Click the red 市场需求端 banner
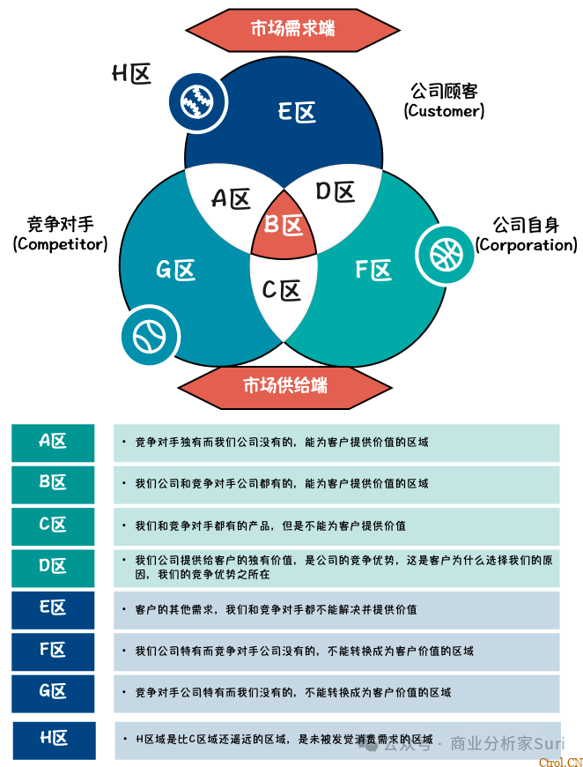(x=292, y=28)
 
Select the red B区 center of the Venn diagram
(x=284, y=227)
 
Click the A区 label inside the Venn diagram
(x=231, y=199)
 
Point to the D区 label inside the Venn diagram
(x=335, y=191)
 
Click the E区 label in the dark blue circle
(x=297, y=112)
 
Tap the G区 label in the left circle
(x=176, y=270)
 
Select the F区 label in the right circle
(x=373, y=270)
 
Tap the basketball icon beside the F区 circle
(x=446, y=254)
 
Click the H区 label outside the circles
(x=131, y=74)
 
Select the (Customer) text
(x=444, y=111)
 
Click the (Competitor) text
(x=60, y=244)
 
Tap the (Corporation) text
(x=526, y=245)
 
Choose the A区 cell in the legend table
(x=53, y=443)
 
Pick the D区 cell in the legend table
(x=53, y=567)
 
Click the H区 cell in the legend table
(x=54, y=739)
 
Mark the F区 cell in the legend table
(x=53, y=651)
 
